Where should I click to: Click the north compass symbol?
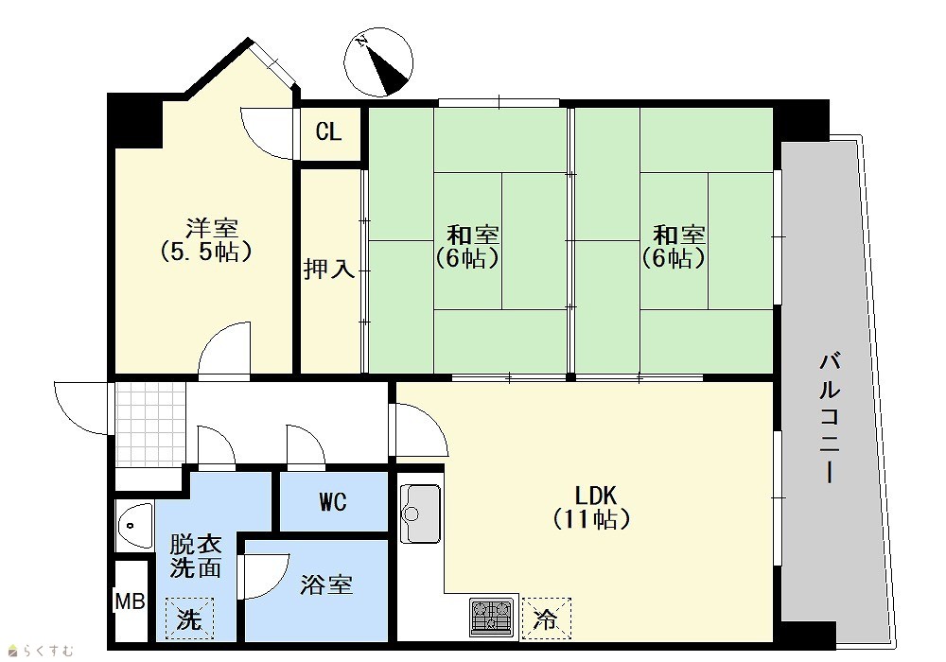tap(380, 62)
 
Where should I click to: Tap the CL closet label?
tap(329, 131)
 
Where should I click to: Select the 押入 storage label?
tap(329, 269)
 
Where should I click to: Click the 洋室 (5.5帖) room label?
tap(206, 240)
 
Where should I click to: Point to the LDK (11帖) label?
tap(592, 507)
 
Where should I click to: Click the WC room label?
tap(333, 501)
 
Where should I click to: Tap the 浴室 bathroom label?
tap(326, 584)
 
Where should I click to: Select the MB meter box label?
tap(131, 601)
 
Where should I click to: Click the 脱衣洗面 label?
tap(195, 556)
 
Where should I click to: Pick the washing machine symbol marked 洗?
tap(189, 618)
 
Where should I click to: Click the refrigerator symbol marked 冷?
tap(546, 618)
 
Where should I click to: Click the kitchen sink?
tap(421, 514)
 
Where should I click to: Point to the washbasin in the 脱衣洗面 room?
tap(134, 526)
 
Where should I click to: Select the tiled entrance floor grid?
tap(150, 425)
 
